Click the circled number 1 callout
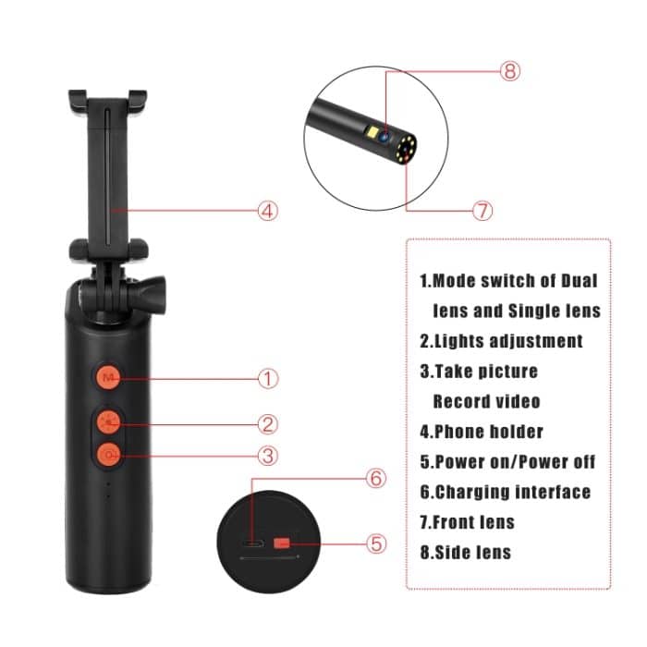(x=268, y=378)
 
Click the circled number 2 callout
(x=268, y=424)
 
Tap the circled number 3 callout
(x=268, y=455)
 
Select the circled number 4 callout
(x=267, y=211)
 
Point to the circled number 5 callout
(x=376, y=543)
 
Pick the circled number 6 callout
(x=375, y=479)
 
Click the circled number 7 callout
(x=482, y=210)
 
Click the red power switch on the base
(x=283, y=543)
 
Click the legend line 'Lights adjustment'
(x=501, y=341)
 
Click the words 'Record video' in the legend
(x=486, y=402)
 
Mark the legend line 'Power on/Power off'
(x=507, y=462)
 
